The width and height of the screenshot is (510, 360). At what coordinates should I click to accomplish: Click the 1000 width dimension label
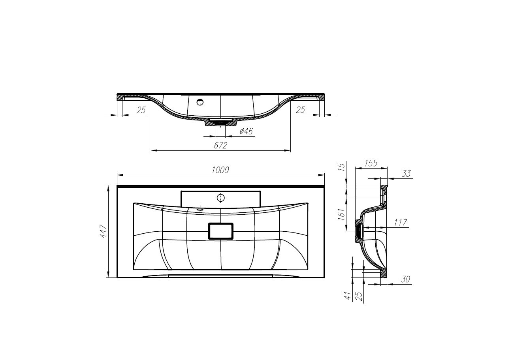220,170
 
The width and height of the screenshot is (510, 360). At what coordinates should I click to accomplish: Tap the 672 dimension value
220,146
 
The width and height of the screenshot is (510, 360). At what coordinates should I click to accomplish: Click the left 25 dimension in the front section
141,110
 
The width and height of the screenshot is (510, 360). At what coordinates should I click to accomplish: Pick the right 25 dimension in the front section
300,110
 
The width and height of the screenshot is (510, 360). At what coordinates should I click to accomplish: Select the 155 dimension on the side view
371,163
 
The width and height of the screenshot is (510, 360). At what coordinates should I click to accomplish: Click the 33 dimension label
406,174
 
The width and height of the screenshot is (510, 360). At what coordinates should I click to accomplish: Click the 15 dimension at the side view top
342,166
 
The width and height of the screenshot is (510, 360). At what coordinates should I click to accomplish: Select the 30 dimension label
405,279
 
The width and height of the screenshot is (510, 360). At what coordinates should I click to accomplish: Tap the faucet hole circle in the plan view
220,197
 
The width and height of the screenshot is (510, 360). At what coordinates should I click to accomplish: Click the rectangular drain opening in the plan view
220,231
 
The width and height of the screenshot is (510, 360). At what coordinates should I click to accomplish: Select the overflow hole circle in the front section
200,103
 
